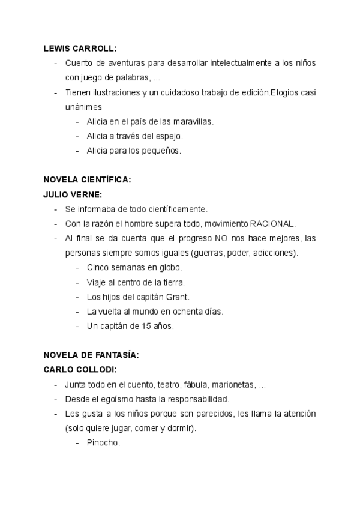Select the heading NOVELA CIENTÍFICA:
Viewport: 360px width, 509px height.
coord(87,179)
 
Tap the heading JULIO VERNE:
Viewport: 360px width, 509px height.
coord(73,194)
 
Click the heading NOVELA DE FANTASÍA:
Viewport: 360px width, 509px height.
coord(91,355)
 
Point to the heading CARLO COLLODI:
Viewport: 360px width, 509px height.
coord(80,369)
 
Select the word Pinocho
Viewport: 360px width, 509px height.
coord(103,442)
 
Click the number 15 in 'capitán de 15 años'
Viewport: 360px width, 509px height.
coord(143,326)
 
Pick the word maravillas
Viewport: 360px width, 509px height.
coord(193,122)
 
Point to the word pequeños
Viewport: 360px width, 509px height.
coord(160,151)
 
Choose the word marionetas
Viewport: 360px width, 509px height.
coord(233,384)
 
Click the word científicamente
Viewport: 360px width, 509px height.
coord(176,209)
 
